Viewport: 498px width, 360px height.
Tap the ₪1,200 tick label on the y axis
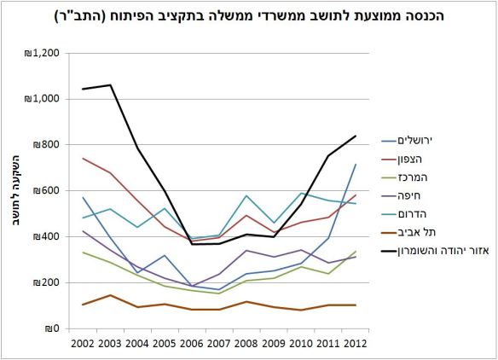click(x=43, y=53)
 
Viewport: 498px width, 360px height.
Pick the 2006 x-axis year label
click(x=191, y=344)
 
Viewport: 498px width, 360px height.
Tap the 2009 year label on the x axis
click(x=273, y=344)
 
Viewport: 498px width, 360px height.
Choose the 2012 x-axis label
click(x=356, y=344)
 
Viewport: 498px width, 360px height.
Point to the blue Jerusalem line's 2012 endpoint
click(x=356, y=165)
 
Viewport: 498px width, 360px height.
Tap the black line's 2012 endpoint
click(x=356, y=136)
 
